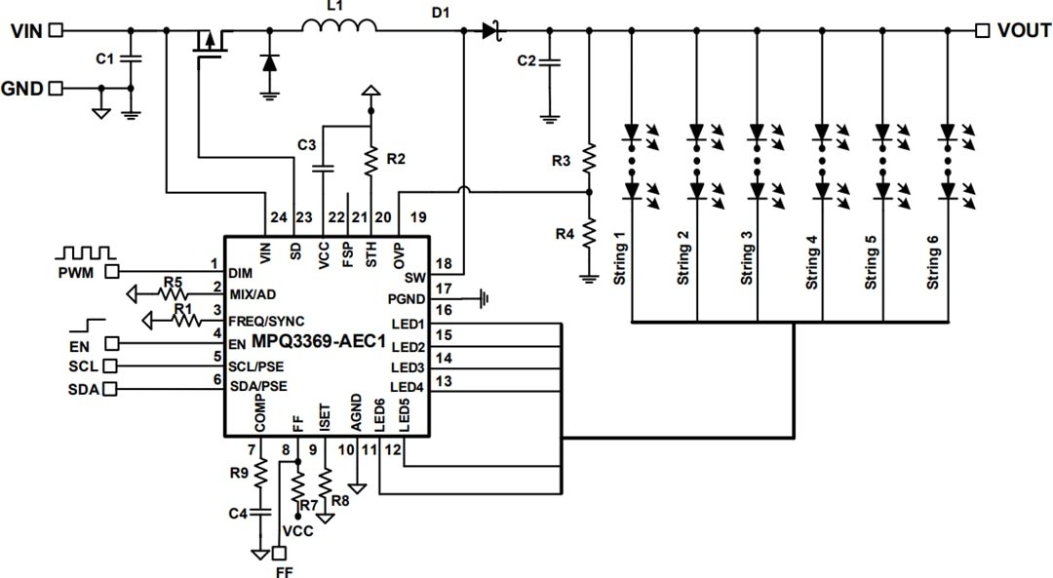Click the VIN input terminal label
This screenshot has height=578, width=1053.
[x=26, y=31]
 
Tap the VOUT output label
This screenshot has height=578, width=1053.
[x=1024, y=31]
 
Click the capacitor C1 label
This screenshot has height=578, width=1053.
[x=104, y=58]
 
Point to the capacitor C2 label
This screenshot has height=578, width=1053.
[x=526, y=60]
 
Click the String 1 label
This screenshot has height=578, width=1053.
[x=619, y=258]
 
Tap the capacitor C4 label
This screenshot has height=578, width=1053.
[x=238, y=513]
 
